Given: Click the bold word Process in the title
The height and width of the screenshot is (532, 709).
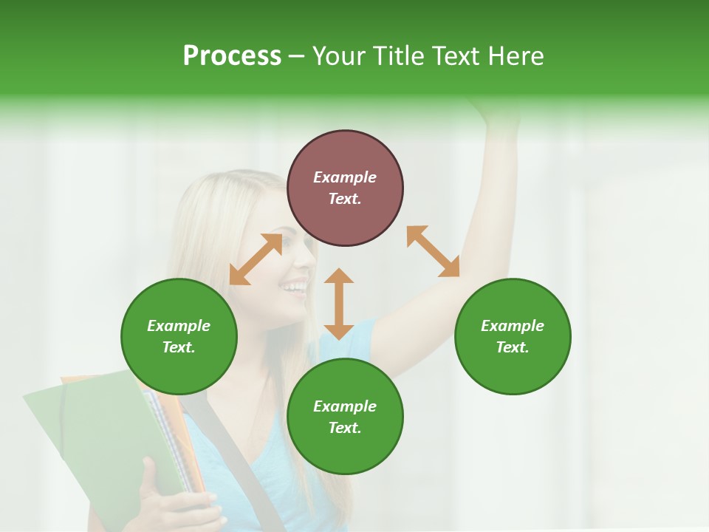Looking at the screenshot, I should [232, 56].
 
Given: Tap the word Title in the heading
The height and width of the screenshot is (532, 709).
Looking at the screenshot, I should [398, 56].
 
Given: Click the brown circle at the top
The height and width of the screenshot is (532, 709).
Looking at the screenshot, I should [345, 188].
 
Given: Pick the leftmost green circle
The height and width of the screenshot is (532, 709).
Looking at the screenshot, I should [179, 336].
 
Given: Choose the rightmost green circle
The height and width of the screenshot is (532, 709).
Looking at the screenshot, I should [513, 336].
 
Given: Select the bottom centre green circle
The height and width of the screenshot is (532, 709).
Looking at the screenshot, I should [345, 417].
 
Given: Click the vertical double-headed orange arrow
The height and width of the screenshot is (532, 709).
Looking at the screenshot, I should [339, 304].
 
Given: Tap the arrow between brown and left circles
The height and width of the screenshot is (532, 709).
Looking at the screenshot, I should [256, 259].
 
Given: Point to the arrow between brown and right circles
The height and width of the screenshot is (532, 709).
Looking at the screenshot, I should [433, 251].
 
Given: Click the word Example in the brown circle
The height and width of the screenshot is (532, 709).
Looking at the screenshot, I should [345, 177].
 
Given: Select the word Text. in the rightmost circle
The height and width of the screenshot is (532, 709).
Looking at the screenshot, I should [513, 347].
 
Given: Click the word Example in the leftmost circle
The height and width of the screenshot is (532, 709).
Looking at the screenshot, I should [179, 326].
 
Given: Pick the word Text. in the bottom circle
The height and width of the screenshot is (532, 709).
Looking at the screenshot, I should [345, 428].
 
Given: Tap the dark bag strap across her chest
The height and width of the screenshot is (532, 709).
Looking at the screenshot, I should [236, 458].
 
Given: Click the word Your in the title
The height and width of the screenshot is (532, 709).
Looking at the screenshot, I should [340, 56].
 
